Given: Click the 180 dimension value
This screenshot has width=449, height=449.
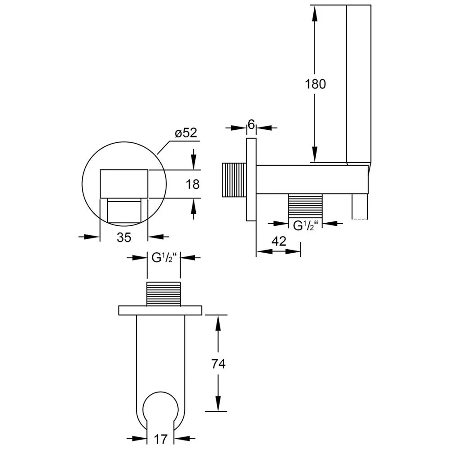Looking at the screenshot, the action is pos(315,84).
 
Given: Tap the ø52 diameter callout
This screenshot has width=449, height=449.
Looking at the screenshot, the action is pos(186,133).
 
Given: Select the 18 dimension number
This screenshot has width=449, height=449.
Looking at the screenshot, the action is pos(193,184).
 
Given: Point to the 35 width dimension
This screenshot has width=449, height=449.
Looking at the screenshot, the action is pos(124,237).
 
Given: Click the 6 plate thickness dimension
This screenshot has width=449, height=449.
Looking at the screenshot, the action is pos(251,124).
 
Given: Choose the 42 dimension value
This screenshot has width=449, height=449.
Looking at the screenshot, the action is pos(279,242).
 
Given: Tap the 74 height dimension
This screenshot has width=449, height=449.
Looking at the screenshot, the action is pos(218,364).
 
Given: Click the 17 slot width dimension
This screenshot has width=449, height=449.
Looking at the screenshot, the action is pos(161,439).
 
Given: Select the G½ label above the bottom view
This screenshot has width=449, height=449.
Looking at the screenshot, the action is pos(163,258).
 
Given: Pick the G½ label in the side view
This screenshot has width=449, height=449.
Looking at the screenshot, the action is pos(305,226).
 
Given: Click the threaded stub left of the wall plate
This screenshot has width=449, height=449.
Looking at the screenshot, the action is pos(234,180).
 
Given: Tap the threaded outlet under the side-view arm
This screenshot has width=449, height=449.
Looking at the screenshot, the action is pos(305,207).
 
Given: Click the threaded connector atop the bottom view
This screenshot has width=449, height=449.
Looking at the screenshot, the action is pos(163,294).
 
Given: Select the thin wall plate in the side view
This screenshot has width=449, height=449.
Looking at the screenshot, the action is pos(251,180).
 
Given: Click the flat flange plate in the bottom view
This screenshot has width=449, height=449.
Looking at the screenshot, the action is pos(160,310).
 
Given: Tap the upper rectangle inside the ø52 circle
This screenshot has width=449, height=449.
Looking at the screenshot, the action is pos(124,184).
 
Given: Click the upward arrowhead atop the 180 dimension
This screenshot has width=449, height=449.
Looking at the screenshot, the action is pos(315,13).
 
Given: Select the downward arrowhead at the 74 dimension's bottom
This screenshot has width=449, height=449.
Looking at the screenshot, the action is pos(218,404).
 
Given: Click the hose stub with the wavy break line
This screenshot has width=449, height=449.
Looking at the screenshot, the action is pos(360,207).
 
